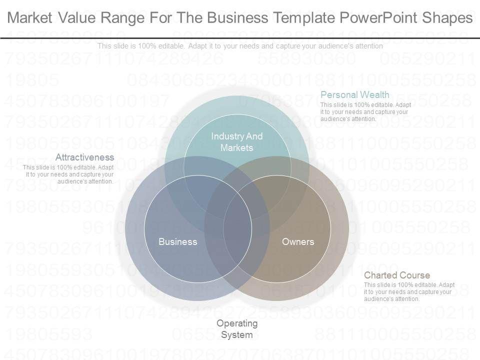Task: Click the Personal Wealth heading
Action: pos(354,94)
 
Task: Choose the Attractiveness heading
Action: pos(84,157)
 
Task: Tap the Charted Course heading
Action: pos(396,275)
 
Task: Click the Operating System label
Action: pos(237,329)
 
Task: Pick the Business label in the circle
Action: pos(177,242)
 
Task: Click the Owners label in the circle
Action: pos(298,242)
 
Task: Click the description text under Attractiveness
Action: pos(69,174)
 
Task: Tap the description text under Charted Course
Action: pos(409,292)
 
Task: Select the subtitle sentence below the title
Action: pos(240,45)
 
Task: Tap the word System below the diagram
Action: pos(237,334)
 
